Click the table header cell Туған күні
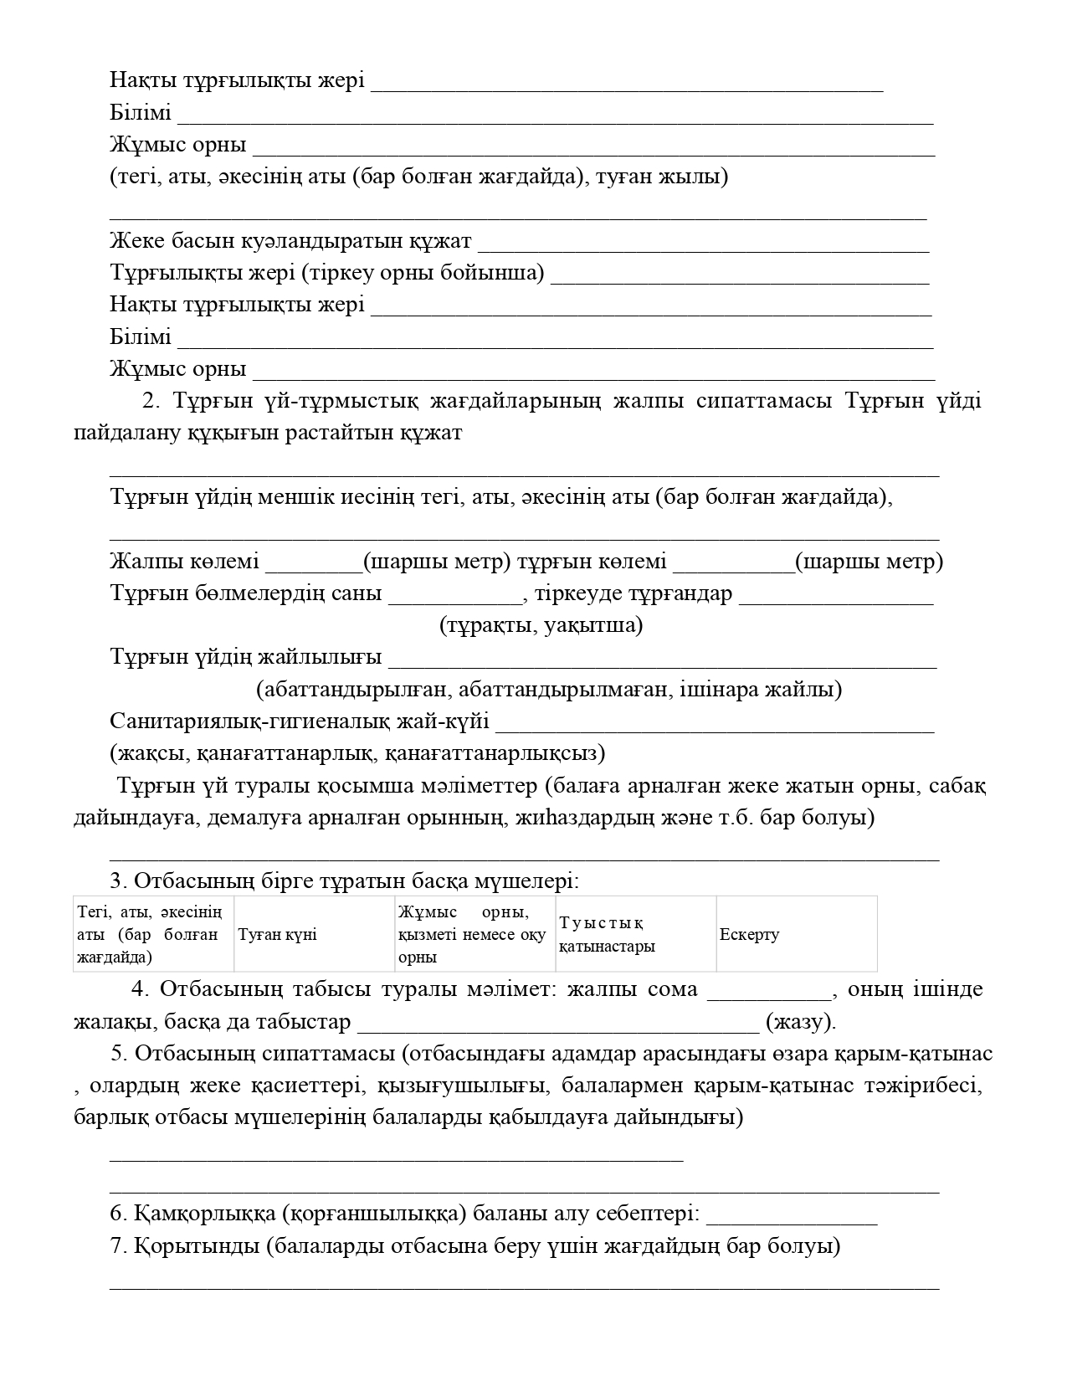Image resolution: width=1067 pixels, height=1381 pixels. pos(278,935)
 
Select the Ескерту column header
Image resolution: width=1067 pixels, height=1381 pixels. pos(750,935)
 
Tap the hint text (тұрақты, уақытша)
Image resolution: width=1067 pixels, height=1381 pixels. pos(541,626)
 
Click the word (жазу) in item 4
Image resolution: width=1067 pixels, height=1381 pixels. pos(800,1022)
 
